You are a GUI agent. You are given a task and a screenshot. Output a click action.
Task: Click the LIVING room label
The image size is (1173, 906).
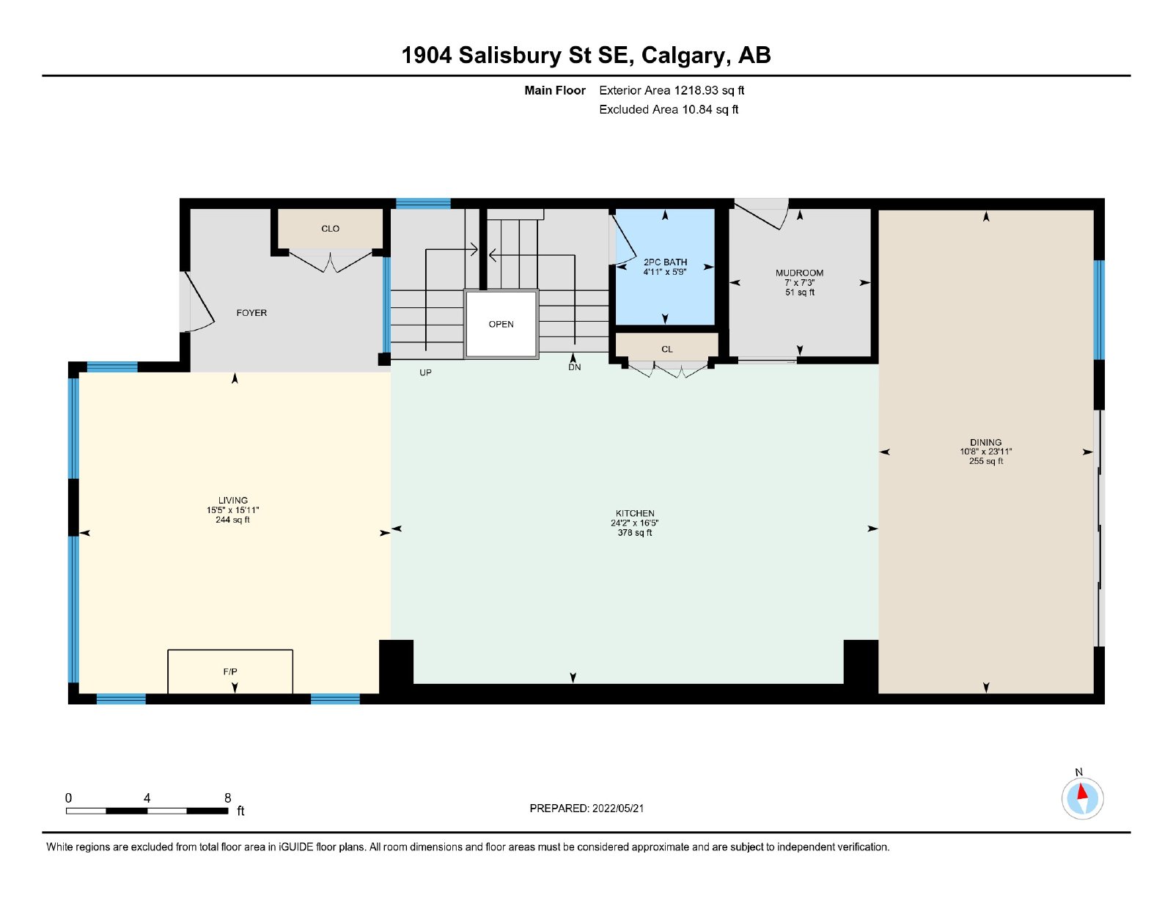[232, 500]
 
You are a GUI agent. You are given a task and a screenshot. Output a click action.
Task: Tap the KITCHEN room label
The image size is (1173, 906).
[635, 513]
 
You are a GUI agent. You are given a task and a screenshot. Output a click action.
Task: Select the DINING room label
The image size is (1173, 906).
[986, 442]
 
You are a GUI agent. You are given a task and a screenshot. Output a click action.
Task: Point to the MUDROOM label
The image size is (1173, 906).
[799, 273]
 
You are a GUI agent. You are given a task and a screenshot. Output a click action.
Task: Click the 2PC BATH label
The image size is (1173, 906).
[665, 262]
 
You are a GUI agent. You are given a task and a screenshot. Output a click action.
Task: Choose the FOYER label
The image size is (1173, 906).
[251, 312]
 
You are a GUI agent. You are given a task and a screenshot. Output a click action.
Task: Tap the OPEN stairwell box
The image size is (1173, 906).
[501, 324]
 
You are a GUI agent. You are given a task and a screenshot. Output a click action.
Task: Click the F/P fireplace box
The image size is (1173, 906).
[230, 671]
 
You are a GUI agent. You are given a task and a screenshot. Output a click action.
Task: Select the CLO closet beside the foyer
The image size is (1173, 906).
[331, 228]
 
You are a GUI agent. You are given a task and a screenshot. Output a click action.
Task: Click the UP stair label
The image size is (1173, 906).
[425, 372]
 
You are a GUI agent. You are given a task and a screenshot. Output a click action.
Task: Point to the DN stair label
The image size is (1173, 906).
[574, 367]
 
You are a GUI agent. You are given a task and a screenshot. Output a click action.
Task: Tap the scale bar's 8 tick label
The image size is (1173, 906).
[228, 798]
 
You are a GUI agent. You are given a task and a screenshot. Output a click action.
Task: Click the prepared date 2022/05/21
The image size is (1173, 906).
[618, 809]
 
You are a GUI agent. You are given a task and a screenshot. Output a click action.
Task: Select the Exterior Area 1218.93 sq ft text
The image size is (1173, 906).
[672, 90]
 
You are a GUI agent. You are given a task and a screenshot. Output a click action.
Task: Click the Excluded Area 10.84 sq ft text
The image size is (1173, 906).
[669, 109]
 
